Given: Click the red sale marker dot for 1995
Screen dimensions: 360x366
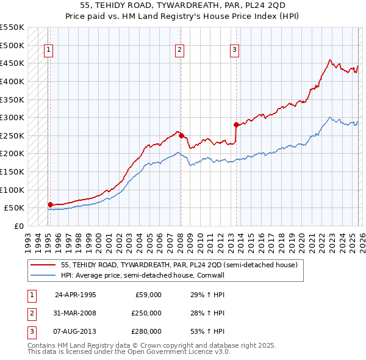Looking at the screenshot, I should pos(50,204).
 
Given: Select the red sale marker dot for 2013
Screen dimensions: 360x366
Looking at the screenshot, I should pos(235,124).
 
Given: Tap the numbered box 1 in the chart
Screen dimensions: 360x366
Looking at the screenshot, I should pos(48,51).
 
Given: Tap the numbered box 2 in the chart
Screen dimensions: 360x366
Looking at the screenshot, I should pos(180,51).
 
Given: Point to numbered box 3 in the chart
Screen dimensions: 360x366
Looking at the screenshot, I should pos(234,51).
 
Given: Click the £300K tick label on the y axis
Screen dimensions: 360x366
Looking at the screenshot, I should pos(12,117).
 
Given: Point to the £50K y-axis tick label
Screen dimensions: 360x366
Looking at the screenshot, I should pos(15,208).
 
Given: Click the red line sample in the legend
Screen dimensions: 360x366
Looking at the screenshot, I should pos(43,265).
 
